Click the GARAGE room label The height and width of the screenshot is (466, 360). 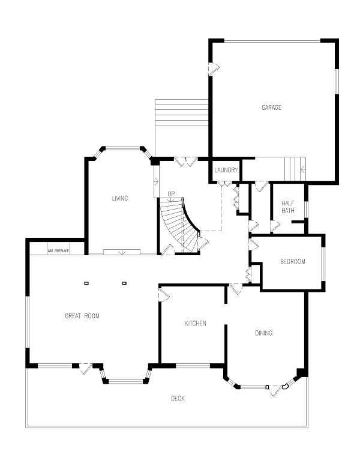coord(271,107)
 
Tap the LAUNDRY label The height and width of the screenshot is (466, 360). coord(226,170)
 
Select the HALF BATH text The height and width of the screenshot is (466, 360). coord(288,207)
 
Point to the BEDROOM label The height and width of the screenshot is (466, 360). coord(293,262)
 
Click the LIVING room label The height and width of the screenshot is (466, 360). coord(120,198)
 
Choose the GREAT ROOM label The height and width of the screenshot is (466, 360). coord(82,316)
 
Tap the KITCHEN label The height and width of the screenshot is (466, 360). coord(195,323)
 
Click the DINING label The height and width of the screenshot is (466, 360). coord(264,333)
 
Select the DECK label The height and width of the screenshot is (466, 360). coord(178,398)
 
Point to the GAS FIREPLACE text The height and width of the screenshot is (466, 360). coord(58,251)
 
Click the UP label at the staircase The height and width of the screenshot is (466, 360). coord(171,194)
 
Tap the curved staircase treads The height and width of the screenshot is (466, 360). coord(178,223)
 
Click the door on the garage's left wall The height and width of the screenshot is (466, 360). coord(213,69)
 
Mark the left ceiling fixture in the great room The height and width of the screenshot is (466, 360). coord(86,283)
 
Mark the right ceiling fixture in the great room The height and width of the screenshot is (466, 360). coord(124,283)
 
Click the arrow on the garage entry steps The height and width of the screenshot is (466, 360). coord(303,169)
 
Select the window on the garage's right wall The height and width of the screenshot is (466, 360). coord(337,82)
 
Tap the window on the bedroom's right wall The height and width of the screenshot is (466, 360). coord(323,264)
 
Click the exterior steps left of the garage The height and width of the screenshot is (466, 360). coord(181,112)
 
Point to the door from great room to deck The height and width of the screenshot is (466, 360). coord(86,368)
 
